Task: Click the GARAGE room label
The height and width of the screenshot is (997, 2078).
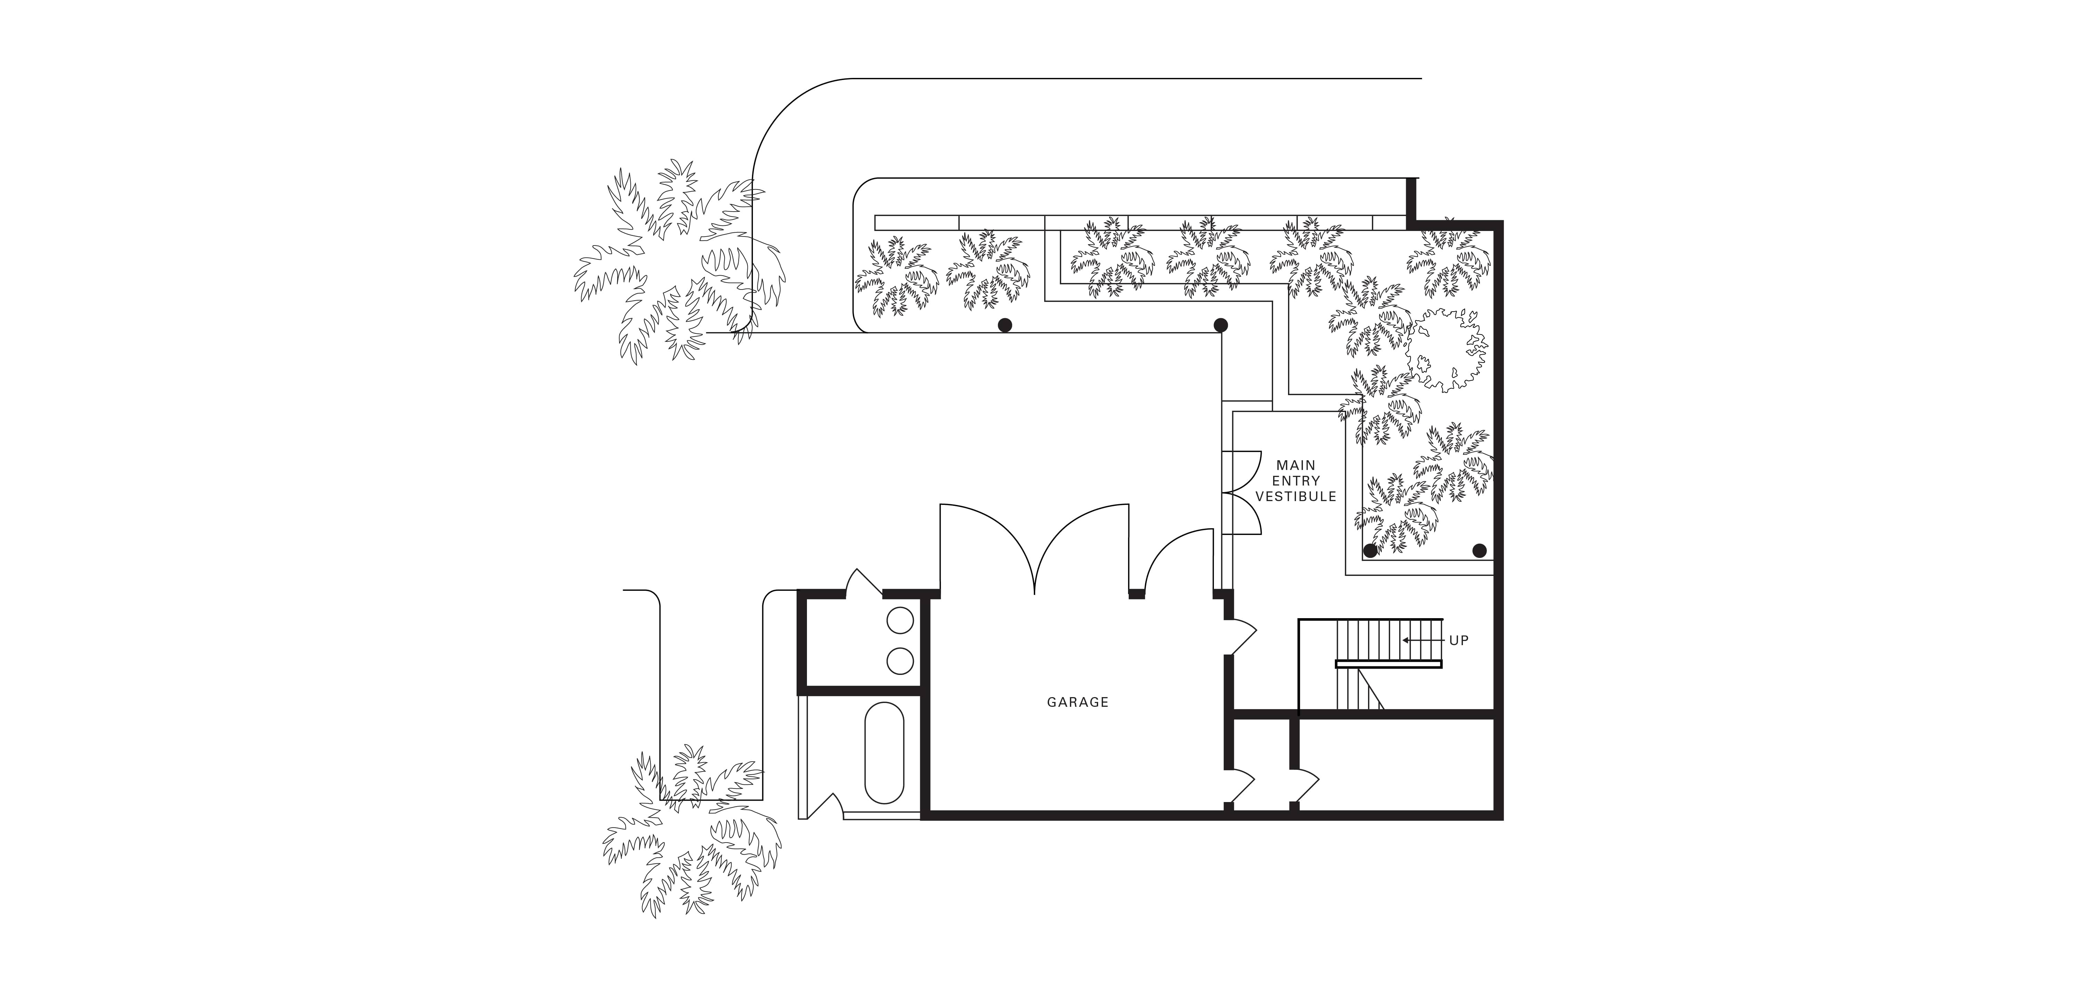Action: pyautogui.click(x=1078, y=702)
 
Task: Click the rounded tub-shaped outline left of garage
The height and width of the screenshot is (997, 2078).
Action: pyautogui.click(x=884, y=753)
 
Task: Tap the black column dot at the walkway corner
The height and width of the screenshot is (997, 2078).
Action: pyautogui.click(x=1220, y=325)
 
